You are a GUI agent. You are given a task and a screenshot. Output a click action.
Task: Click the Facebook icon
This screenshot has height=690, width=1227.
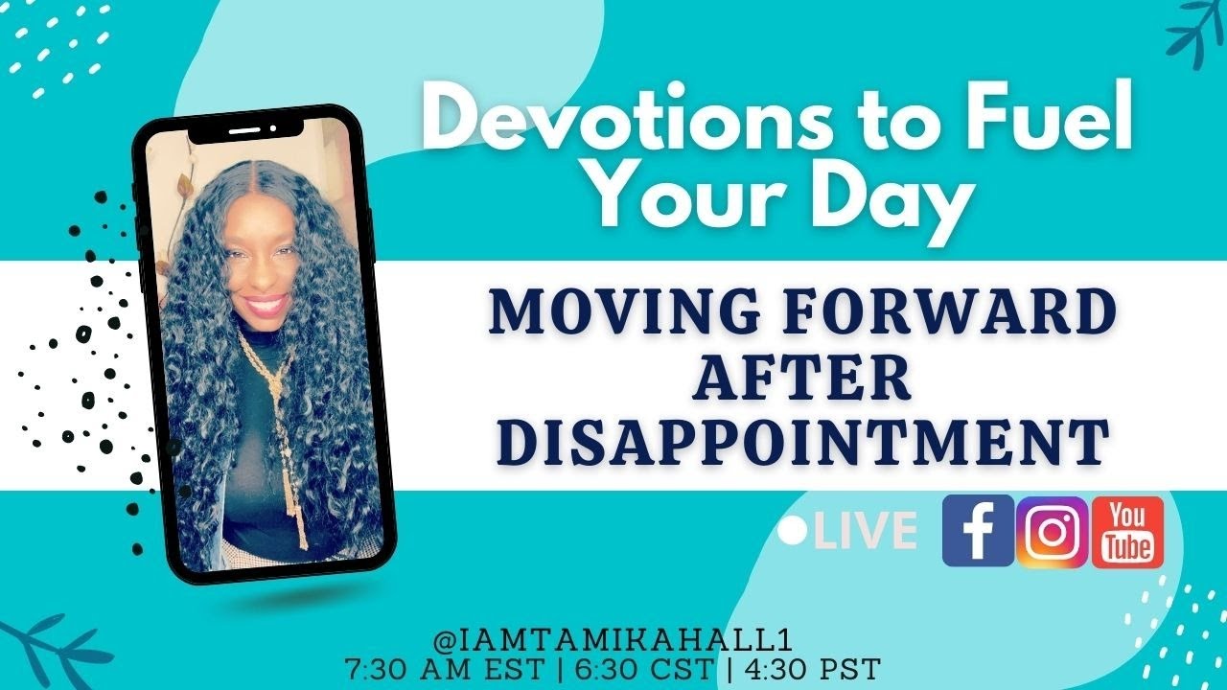coord(977,531)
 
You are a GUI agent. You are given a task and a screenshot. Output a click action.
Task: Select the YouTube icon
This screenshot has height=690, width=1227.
coord(1127,532)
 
